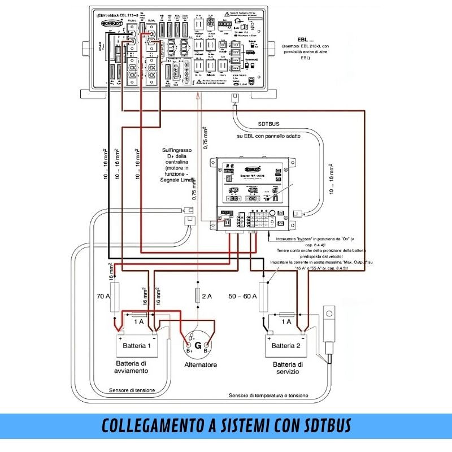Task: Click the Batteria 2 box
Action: (290, 346)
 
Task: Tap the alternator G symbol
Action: (198, 346)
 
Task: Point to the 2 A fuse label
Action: (207, 295)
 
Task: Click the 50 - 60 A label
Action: (242, 295)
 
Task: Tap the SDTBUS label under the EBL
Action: (268, 124)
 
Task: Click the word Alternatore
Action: (201, 365)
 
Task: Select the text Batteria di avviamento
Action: (132, 367)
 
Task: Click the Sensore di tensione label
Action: (132, 390)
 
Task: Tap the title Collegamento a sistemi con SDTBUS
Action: (226, 425)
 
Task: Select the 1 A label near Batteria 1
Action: (138, 321)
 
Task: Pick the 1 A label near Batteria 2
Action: (286, 321)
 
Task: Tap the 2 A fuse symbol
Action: (198, 295)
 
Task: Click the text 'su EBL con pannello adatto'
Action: (268, 136)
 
